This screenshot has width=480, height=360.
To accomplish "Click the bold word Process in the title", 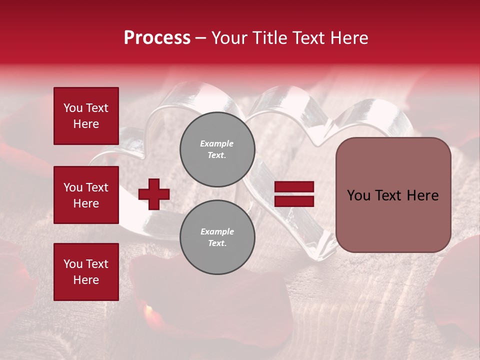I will pos(157,38).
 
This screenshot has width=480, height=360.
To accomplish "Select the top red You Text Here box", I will pos(86,116).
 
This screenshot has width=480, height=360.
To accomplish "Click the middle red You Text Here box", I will pos(86,195).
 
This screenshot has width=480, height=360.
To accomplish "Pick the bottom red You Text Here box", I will pos(86,272).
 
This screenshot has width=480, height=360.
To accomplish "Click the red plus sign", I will pos(154,194).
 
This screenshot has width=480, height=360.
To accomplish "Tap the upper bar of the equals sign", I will pos(294,187).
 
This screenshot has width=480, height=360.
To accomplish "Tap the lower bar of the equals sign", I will pos(294,201).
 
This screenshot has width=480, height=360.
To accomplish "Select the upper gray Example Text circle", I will pos(217,149).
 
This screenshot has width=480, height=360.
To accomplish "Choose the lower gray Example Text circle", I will pos(217,237).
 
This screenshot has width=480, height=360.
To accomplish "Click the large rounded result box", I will pos(393,195).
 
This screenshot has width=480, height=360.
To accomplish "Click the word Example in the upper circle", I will pos(217,144).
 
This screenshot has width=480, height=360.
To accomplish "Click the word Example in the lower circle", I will pos(217,232).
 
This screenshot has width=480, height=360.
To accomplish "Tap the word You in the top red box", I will pos(72,108).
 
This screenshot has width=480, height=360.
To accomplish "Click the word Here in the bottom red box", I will pos(86,280).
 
